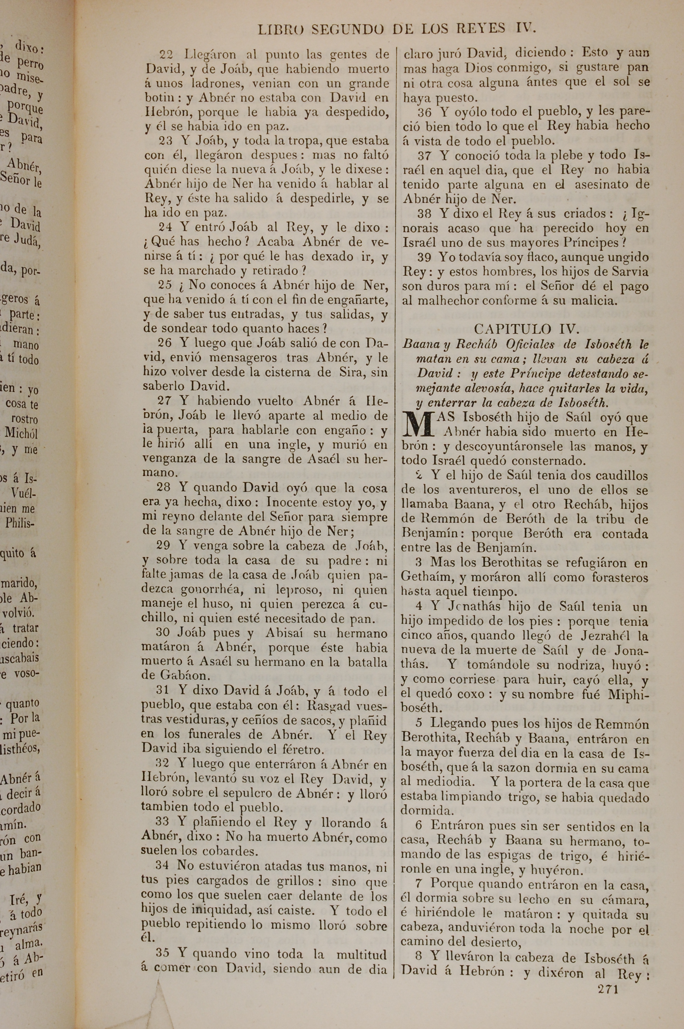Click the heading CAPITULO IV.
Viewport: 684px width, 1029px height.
coord(526,328)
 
